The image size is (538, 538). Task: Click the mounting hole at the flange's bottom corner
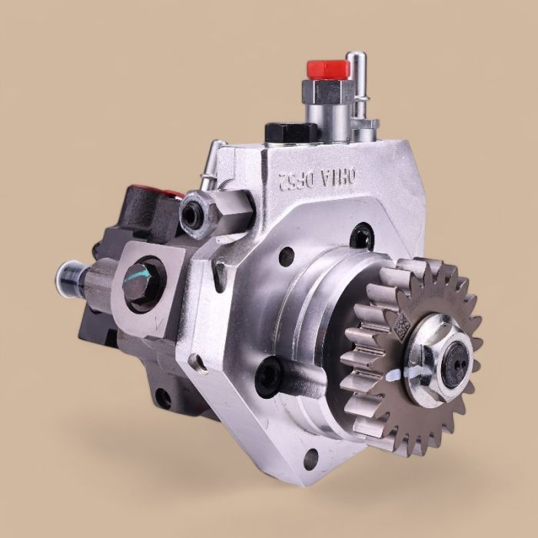[x=311, y=460]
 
